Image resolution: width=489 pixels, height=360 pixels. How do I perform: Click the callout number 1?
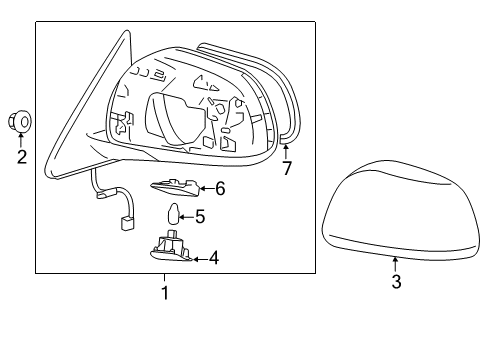(166, 293)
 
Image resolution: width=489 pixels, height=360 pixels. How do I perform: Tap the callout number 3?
(396, 283)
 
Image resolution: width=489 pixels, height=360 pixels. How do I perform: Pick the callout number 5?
(200, 215)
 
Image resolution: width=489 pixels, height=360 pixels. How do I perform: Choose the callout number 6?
(220, 187)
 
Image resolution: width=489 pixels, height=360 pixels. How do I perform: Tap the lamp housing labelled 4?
(172, 249)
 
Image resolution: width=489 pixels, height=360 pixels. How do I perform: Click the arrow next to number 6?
(203, 187)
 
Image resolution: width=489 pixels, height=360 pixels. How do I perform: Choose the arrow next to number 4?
(200, 258)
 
